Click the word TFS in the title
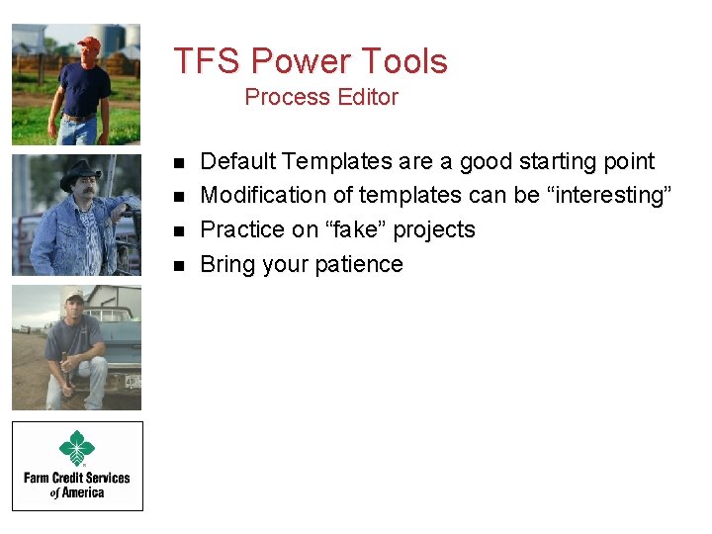[208, 61]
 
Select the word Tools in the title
[402, 61]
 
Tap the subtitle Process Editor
[320, 97]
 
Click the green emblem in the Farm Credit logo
[76, 448]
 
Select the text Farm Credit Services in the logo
[77, 479]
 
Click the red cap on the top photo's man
[88, 43]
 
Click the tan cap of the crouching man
[72, 295]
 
